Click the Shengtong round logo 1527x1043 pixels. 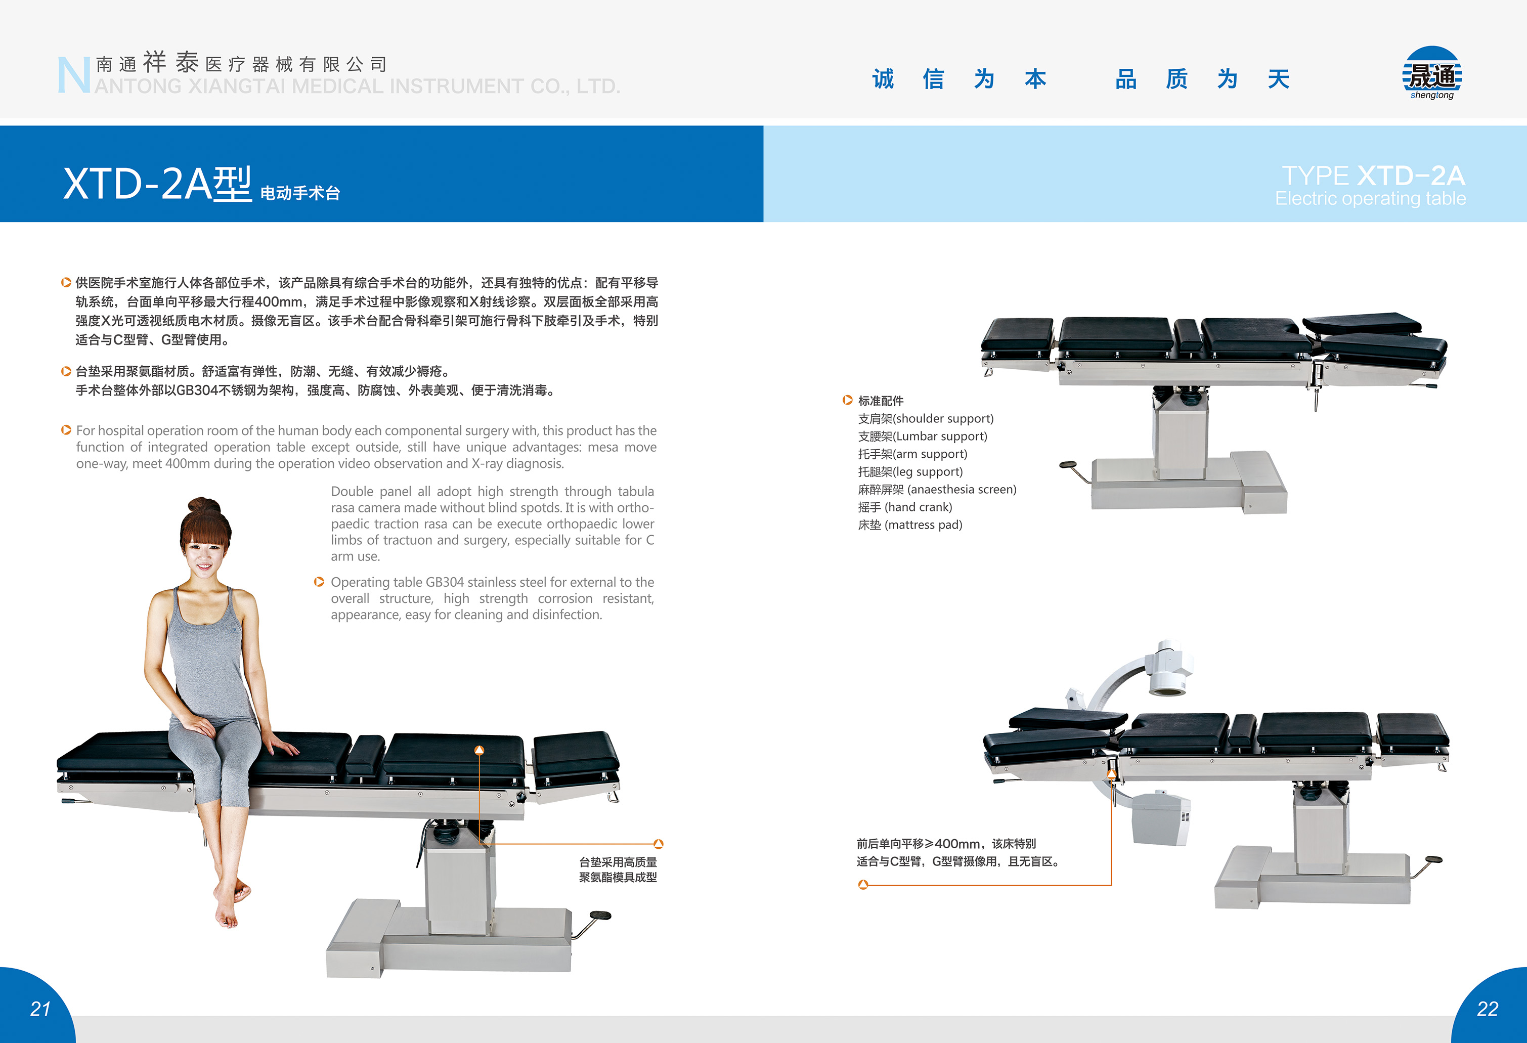[1432, 73]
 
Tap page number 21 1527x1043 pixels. [40, 1009]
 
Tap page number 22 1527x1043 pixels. [1488, 1009]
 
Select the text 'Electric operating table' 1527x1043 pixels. [1370, 198]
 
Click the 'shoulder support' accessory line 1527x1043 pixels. [926, 419]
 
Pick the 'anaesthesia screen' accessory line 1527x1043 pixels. [937, 490]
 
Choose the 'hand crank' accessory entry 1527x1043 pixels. [905, 507]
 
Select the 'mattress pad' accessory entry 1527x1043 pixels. [910, 525]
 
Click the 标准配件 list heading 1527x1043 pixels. [881, 401]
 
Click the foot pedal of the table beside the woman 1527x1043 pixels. [600, 916]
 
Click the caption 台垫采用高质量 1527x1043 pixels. [618, 861]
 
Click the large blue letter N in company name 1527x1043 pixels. [73, 75]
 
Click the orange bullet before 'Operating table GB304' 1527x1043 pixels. [319, 582]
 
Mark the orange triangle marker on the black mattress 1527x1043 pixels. [479, 750]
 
